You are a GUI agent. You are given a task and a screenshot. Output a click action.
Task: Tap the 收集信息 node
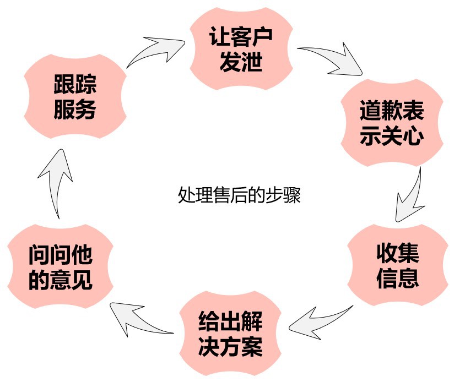pos(398,266)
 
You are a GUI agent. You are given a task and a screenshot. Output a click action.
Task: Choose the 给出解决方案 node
pos(230,333)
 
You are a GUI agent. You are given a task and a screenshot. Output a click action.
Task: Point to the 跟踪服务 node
pos(75,97)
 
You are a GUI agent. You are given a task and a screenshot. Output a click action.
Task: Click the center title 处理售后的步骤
pos(239,195)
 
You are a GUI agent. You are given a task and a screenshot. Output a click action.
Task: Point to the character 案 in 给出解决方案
pos(252,347)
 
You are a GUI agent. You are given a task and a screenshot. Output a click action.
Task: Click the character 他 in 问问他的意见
pos(82,255)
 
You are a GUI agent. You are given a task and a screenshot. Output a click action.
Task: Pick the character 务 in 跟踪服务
pos(86,110)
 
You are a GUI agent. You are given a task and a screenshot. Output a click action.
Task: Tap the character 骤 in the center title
pos(293,195)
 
